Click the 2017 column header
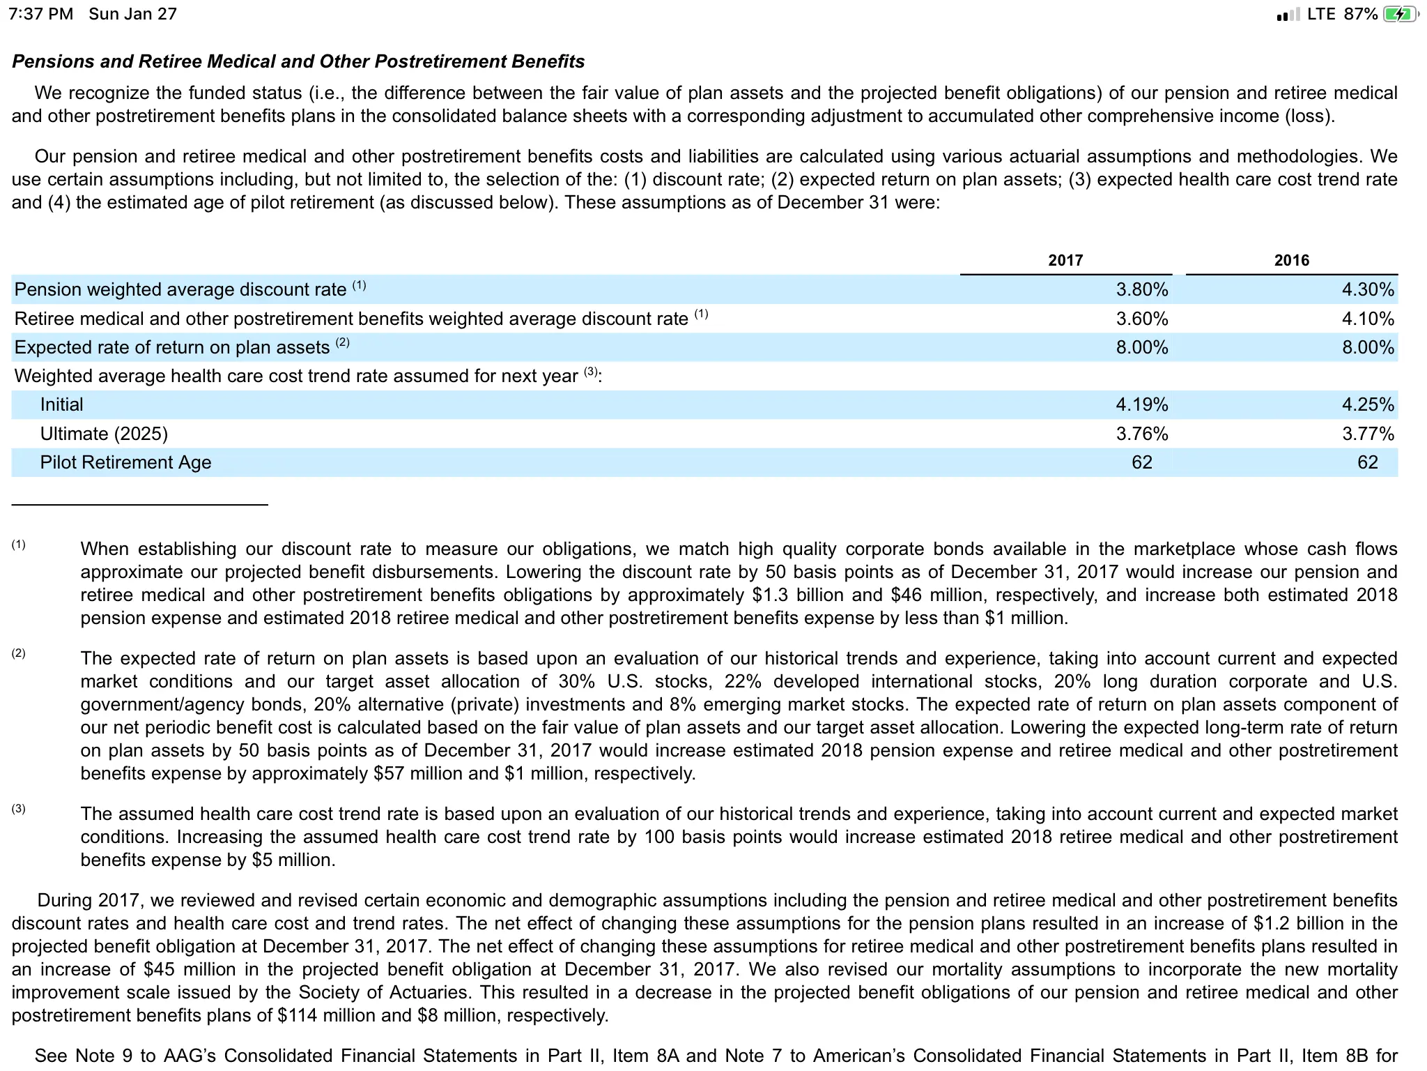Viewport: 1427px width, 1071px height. pos(1065,260)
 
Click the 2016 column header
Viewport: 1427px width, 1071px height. pos(1291,260)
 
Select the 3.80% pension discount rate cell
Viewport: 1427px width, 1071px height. pos(1141,289)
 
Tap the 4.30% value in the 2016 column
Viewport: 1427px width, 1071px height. pos(1368,289)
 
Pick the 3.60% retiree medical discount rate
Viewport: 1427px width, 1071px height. pos(1141,319)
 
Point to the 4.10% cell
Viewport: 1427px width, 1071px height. pos(1368,319)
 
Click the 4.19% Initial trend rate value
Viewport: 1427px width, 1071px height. pos(1141,404)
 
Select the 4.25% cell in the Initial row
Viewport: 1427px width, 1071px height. pos(1368,404)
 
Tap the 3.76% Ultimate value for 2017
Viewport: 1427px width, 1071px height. pos(1141,434)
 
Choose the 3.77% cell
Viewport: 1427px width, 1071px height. pos(1368,434)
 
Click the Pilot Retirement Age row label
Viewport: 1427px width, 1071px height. pos(125,462)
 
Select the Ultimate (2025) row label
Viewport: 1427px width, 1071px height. pos(104,434)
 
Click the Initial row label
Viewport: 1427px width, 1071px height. pos(61,404)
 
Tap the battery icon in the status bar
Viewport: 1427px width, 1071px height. pos(1398,14)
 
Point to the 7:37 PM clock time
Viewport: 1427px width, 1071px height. pos(40,14)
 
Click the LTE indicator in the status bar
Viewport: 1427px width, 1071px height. pos(1321,14)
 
